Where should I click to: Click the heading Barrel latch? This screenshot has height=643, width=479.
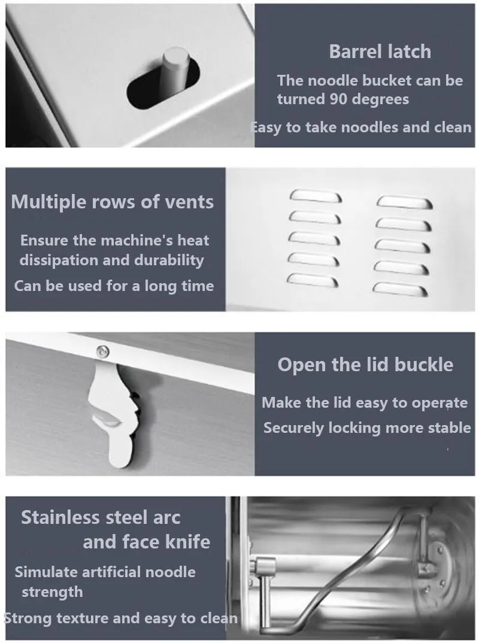[380, 51]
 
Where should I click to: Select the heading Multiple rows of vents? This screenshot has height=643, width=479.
[113, 202]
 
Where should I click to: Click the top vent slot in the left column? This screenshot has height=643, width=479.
[316, 196]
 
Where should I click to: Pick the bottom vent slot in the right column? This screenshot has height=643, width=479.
[400, 289]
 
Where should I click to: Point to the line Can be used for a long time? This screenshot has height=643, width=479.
[114, 286]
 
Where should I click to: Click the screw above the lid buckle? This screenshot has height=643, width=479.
[102, 351]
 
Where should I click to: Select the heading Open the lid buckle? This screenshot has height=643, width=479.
[365, 365]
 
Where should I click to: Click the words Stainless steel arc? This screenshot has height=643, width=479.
[101, 517]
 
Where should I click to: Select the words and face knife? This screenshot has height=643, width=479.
[147, 542]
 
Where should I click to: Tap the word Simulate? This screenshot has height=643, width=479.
[46, 572]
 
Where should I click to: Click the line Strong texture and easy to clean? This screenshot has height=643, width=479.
[120, 618]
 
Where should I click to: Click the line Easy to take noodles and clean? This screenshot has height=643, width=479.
[361, 127]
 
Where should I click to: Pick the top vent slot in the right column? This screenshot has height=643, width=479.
[404, 202]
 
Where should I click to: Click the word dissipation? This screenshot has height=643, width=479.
[59, 260]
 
